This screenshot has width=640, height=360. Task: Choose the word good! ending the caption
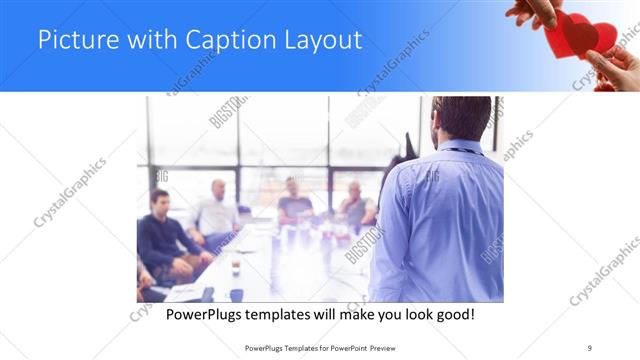pyautogui.click(x=452, y=314)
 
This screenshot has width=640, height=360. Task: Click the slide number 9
pyautogui.click(x=590, y=347)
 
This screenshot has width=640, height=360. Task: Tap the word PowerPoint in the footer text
pyautogui.click(x=343, y=347)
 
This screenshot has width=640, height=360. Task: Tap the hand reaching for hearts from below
pyautogui.click(x=611, y=70)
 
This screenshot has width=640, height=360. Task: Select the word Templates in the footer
pyautogui.click(x=291, y=347)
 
